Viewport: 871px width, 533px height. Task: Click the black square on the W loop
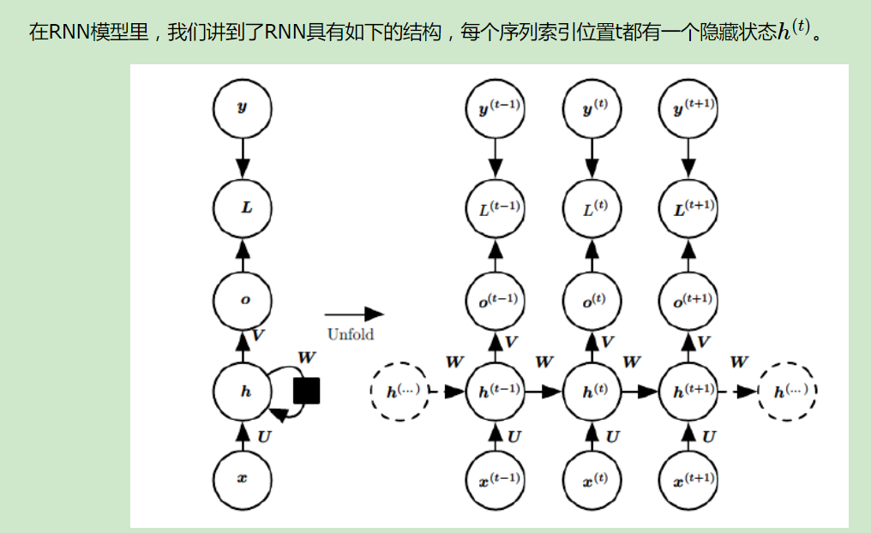click(x=306, y=391)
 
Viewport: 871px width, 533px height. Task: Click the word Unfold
click(x=350, y=334)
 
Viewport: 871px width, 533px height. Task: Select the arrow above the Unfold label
click(x=353, y=314)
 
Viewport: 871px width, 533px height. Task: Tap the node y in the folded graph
click(x=242, y=109)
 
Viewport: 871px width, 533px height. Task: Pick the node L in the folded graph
click(x=242, y=207)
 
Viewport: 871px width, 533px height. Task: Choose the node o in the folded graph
click(x=242, y=300)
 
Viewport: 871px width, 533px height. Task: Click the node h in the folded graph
click(x=242, y=392)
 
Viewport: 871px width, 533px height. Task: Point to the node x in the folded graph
click(x=242, y=479)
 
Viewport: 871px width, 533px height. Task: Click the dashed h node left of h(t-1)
click(x=399, y=392)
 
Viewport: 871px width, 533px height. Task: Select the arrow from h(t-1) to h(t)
click(x=544, y=392)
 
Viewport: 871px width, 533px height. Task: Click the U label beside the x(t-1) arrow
click(x=514, y=437)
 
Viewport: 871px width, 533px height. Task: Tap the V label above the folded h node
click(x=256, y=337)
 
